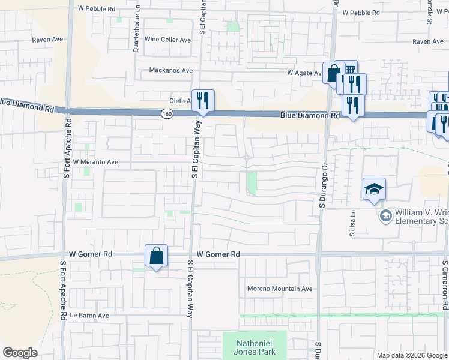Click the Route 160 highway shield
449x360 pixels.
[x=166, y=113]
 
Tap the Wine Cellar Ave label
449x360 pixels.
[x=167, y=40]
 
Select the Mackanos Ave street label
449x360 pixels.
[x=171, y=70]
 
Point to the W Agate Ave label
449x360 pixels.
[x=305, y=73]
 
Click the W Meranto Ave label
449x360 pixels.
[x=95, y=162]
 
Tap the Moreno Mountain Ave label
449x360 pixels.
[x=280, y=289]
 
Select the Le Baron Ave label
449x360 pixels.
[x=89, y=315]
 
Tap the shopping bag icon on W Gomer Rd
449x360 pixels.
[x=156, y=256]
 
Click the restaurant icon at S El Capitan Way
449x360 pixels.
[x=203, y=100]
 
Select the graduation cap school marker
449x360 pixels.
[x=374, y=190]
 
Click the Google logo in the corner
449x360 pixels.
[x=20, y=353]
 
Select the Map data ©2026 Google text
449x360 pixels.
[x=411, y=355]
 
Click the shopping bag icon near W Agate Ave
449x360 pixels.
[x=333, y=74]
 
